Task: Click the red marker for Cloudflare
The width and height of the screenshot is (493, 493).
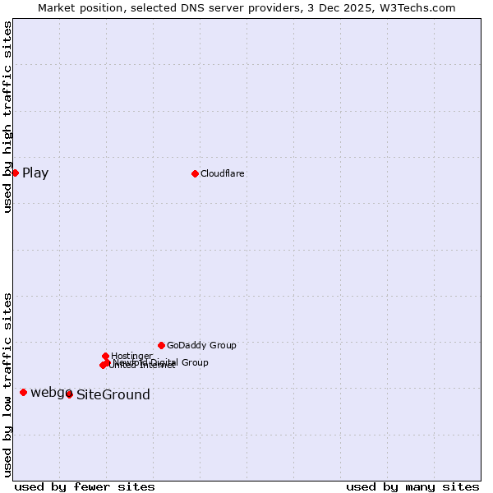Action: point(195,173)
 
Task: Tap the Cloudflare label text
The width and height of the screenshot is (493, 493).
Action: point(223,173)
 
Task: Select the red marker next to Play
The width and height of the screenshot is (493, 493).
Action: point(15,173)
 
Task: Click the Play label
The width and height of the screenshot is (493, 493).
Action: point(35,173)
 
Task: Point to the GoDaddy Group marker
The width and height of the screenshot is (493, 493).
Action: point(161,345)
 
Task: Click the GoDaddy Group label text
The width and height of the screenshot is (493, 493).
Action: point(201,345)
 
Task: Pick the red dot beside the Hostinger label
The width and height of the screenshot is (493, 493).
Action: point(106,356)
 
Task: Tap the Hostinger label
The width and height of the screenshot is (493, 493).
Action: point(131,356)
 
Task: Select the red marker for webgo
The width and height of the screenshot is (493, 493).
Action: point(23,392)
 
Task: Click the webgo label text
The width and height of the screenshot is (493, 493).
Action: point(50,393)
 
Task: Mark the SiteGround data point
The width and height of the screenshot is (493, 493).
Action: point(69,394)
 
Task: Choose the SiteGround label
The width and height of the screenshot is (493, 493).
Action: point(113,395)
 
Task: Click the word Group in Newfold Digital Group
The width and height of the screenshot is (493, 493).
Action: point(194,362)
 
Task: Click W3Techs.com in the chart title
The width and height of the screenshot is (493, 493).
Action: point(419,7)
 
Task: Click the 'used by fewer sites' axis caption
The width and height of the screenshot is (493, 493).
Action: point(85,486)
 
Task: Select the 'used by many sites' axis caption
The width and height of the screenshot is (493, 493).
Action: point(412,486)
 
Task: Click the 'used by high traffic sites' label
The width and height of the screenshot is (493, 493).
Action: point(7,117)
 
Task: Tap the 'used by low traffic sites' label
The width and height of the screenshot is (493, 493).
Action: point(7,384)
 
